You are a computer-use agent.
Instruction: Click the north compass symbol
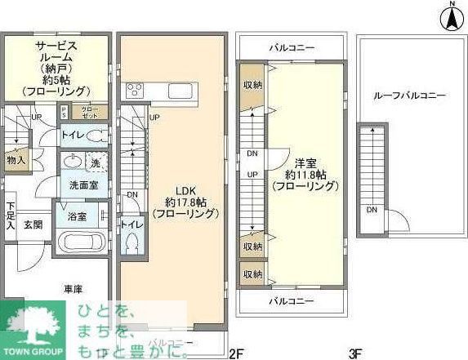coord(449,17)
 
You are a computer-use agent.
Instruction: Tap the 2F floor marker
coord(236,353)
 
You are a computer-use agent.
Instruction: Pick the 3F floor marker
coord(354,353)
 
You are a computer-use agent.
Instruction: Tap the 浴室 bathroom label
coord(76,216)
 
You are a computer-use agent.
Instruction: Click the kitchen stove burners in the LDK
coord(134,89)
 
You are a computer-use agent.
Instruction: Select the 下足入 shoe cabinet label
coord(10,216)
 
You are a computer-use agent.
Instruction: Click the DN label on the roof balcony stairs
coord(372,210)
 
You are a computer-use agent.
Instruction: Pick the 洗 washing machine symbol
coord(95,162)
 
